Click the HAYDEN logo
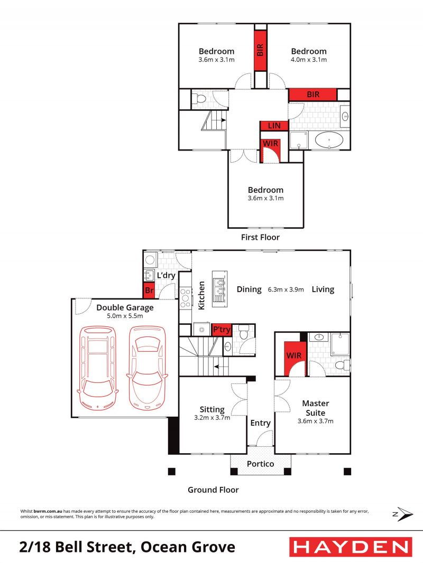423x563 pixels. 351,547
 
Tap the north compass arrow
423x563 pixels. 403,514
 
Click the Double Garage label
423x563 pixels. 125,307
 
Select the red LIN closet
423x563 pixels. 274,125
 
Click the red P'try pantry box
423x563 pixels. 222,329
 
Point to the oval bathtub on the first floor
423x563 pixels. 329,139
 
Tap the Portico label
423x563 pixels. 261,464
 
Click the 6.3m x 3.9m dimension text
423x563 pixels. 286,289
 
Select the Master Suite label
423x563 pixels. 316,408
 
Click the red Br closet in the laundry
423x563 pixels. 149,290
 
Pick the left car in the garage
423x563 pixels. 97,368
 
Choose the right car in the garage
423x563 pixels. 146,368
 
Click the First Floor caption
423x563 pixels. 260,237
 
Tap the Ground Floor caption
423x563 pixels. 213,490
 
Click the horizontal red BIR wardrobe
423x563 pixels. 312,95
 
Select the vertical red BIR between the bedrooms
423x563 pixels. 260,50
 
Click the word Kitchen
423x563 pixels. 201,295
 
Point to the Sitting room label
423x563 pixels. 212,409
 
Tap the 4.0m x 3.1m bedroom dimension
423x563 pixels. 309,60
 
